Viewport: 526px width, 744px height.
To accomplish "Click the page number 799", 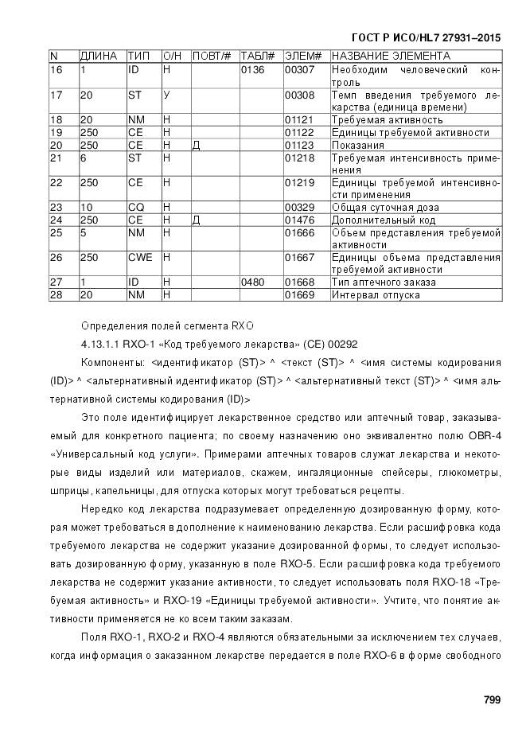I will tap(491, 700).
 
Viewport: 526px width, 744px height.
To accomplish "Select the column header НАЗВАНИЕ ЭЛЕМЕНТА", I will tap(391, 56).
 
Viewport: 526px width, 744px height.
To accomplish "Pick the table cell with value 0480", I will tap(252, 282).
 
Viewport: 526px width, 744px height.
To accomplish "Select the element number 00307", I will tap(299, 70).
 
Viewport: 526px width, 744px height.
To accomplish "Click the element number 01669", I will tap(299, 295).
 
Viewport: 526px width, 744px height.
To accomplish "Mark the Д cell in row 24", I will tap(196, 220).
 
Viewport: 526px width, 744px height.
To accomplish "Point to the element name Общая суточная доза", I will tap(384, 208).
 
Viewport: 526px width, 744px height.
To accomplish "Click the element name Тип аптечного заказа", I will tap(384, 282).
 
